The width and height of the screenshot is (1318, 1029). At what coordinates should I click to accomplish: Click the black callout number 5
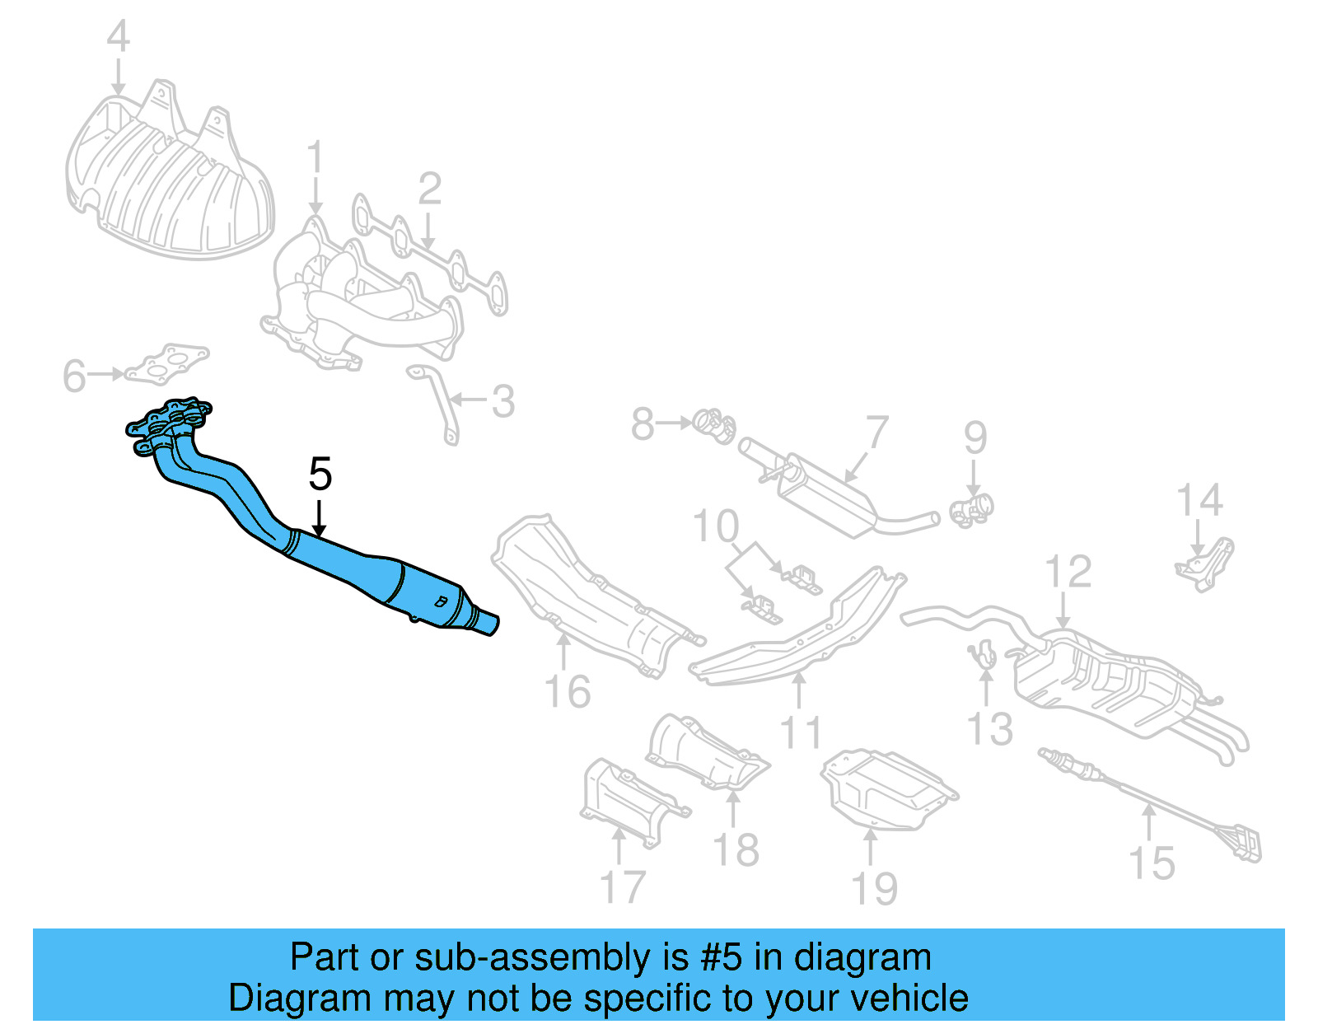click(x=320, y=475)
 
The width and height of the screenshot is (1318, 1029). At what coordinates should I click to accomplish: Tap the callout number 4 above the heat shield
click(x=119, y=37)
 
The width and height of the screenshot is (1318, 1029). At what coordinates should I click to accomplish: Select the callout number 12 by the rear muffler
click(x=1068, y=572)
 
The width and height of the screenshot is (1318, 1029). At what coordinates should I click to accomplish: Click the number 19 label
click(x=873, y=889)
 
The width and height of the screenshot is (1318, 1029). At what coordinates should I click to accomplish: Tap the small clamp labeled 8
click(x=713, y=424)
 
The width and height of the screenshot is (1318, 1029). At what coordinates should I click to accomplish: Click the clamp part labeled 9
click(x=972, y=509)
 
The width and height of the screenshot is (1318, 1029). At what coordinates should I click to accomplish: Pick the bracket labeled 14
click(x=1206, y=564)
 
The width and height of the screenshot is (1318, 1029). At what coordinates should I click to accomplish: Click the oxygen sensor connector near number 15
click(x=1247, y=844)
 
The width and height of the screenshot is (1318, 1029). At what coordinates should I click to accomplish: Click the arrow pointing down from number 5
click(x=319, y=519)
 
